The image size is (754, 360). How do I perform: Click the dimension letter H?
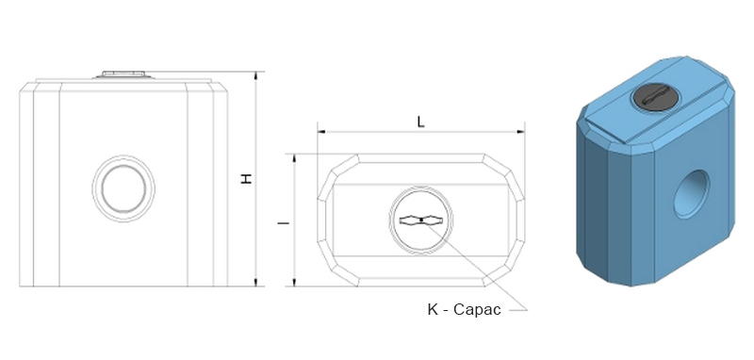point(247,179)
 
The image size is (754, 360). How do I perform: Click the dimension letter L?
point(420,122)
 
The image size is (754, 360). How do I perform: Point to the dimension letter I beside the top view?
point(285,223)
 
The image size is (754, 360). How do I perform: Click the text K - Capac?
point(464,309)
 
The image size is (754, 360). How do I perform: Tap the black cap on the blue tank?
point(655,97)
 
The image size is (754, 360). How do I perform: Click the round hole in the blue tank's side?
point(692,194)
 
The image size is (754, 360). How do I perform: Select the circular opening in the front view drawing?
point(123,188)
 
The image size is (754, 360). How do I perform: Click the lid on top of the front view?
point(123,74)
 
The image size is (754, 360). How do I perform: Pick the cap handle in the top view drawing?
point(420,221)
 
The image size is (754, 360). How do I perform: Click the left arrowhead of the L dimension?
point(320,131)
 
